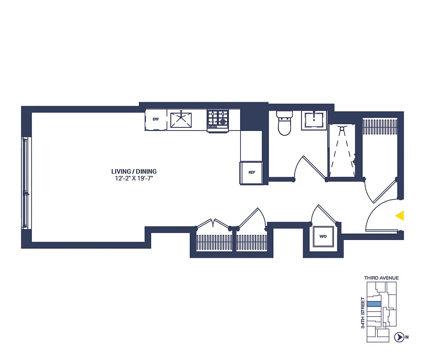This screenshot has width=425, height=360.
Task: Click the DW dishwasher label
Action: pyautogui.click(x=156, y=119)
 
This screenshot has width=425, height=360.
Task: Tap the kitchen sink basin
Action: pyautogui.click(x=181, y=120)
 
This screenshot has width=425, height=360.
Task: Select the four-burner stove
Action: pyautogui.click(x=218, y=120)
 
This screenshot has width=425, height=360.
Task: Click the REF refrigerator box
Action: pyautogui.click(x=251, y=172)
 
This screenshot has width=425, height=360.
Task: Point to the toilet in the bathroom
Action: pyautogui.click(x=284, y=123)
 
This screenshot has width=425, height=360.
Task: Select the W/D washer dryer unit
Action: pyautogui.click(x=323, y=236)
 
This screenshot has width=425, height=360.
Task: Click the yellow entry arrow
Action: pyautogui.click(x=399, y=216)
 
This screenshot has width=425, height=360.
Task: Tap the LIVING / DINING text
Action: pyautogui.click(x=134, y=171)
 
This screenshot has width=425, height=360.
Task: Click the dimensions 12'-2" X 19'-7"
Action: pyautogui.click(x=134, y=179)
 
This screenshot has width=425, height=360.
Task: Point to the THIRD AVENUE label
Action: pyautogui.click(x=381, y=278)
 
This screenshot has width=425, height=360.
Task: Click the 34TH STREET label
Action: pyautogui.click(x=362, y=312)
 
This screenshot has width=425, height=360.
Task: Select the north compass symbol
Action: pyautogui.click(x=398, y=337)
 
